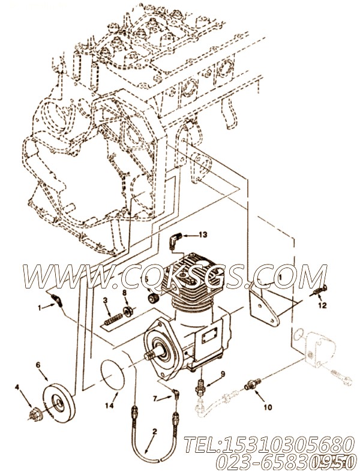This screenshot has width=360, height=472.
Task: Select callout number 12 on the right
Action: click(322, 305)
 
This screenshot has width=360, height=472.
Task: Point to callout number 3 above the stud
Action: click(104, 300)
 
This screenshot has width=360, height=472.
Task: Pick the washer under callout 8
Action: click(127, 311)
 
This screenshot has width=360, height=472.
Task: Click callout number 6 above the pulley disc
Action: click(38, 364)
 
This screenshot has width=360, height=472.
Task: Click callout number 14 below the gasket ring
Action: click(109, 406)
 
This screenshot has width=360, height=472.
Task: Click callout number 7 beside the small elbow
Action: click(154, 398)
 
